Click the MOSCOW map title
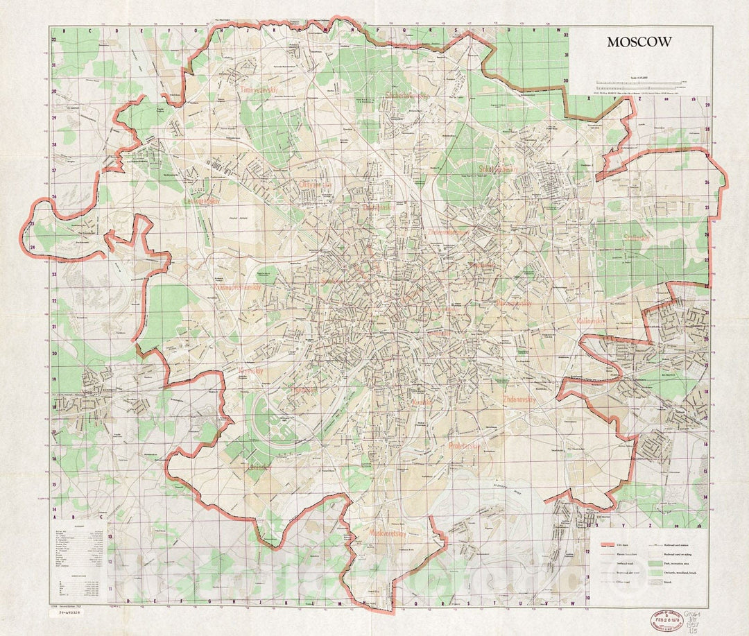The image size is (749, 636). click(x=639, y=42)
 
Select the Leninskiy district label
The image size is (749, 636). click(x=257, y=468)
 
